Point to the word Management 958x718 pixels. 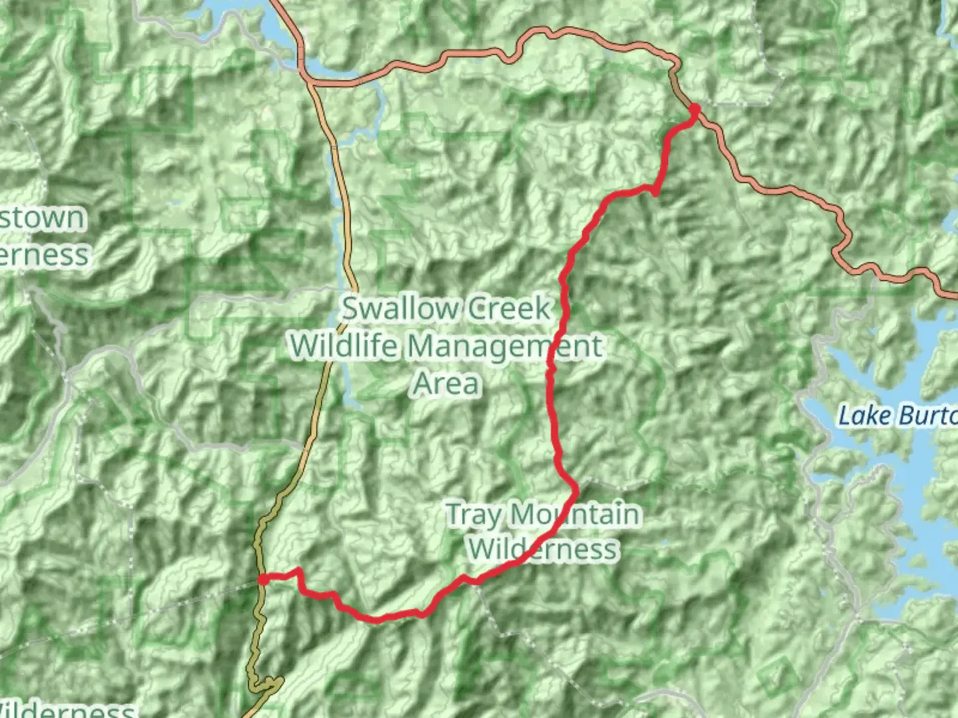tap(504, 347)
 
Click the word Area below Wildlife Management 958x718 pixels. tap(446, 384)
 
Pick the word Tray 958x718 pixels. tap(473, 515)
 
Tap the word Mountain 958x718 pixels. tap(575, 515)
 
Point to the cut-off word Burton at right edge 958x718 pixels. tap(928, 416)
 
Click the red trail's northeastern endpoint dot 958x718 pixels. tap(694, 109)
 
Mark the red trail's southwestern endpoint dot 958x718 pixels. tap(263, 580)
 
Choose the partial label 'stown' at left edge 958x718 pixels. tap(44, 218)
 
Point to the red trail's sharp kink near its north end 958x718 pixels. tap(655, 193)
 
